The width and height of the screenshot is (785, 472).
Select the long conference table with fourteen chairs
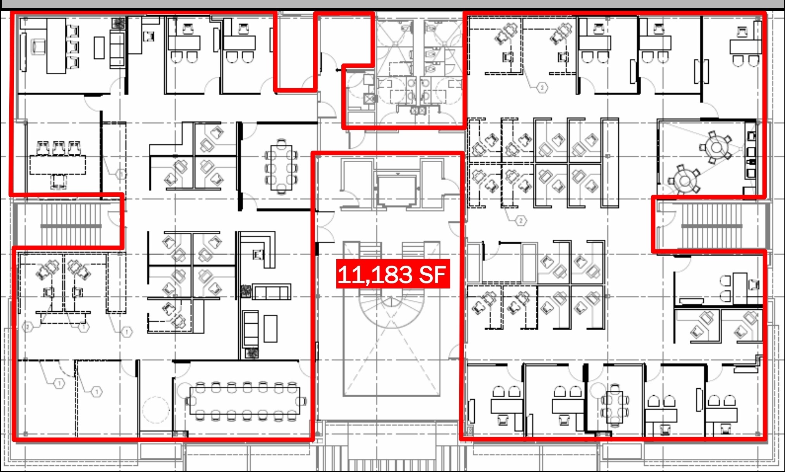tap(244, 401)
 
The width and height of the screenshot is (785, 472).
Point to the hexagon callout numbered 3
tap(542, 88)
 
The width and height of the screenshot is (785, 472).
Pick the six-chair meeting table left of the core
tap(281, 168)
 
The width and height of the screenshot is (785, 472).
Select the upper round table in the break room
tap(716, 148)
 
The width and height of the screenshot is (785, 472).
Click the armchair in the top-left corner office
tap(38, 47)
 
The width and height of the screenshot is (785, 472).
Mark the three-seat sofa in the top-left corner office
tap(117, 50)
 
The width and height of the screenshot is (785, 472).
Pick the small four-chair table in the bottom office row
tap(615, 405)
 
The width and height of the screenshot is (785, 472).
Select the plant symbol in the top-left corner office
tap(119, 22)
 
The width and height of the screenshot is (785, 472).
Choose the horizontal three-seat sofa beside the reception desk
tap(271, 292)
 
